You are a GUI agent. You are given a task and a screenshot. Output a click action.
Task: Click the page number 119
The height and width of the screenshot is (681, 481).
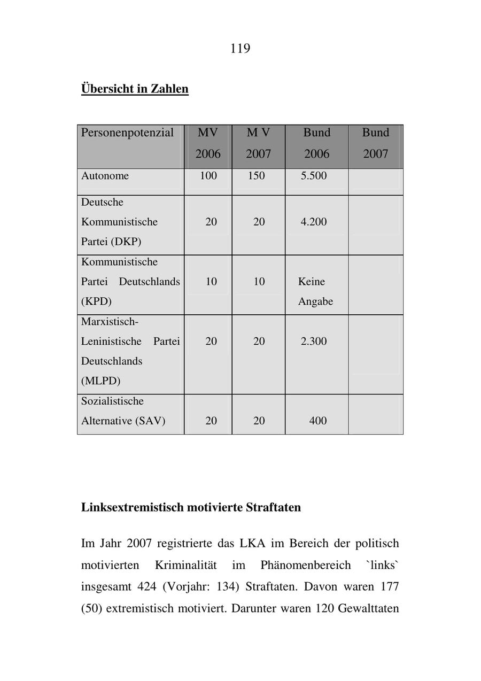coord(240,49)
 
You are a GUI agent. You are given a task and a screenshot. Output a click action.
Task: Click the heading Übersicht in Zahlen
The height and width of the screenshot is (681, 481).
coord(135,88)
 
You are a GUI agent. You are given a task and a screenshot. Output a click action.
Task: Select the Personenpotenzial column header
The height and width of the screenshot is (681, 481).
coord(128,133)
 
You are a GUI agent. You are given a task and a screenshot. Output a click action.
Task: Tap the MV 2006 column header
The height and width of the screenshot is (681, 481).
coord(208,143)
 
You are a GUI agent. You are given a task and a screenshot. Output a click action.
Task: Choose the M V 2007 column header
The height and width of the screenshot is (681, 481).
coord(259,143)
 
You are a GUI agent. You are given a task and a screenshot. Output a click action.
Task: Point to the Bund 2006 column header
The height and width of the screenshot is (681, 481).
coord(317,143)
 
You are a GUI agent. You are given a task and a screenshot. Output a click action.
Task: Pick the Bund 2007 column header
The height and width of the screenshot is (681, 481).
coord(376,143)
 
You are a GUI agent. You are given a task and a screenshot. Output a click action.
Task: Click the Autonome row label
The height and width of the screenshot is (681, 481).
coord(105,176)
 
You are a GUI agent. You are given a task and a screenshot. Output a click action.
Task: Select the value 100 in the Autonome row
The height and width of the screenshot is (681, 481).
coord(208,176)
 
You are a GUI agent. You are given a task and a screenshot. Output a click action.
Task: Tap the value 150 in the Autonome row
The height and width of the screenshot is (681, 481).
coord(256,176)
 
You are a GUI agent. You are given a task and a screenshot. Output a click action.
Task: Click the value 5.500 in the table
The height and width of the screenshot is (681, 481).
coord(314,176)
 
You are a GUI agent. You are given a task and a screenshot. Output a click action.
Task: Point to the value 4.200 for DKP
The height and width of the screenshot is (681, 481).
coord(314,222)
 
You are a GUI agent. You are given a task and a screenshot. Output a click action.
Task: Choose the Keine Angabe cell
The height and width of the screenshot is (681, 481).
coord(315,291)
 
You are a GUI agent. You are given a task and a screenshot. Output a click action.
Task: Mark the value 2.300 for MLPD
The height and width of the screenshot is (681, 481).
coord(314,341)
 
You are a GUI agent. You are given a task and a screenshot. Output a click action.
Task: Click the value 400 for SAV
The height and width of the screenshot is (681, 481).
coord(318,421)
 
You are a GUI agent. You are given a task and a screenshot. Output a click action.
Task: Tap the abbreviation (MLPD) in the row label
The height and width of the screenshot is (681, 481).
coord(100,381)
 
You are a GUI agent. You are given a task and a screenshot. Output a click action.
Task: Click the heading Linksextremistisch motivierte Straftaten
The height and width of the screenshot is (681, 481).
coord(191,507)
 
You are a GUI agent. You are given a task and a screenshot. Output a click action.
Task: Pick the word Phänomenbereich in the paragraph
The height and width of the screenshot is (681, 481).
coord(306,565)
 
